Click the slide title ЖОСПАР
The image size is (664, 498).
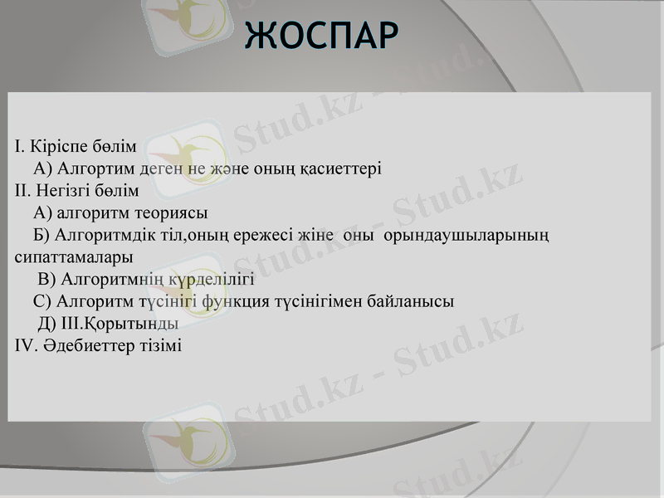[x=323, y=34]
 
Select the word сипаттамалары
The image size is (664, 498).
[x=74, y=257]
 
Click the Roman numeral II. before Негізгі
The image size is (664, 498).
[x=22, y=190]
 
